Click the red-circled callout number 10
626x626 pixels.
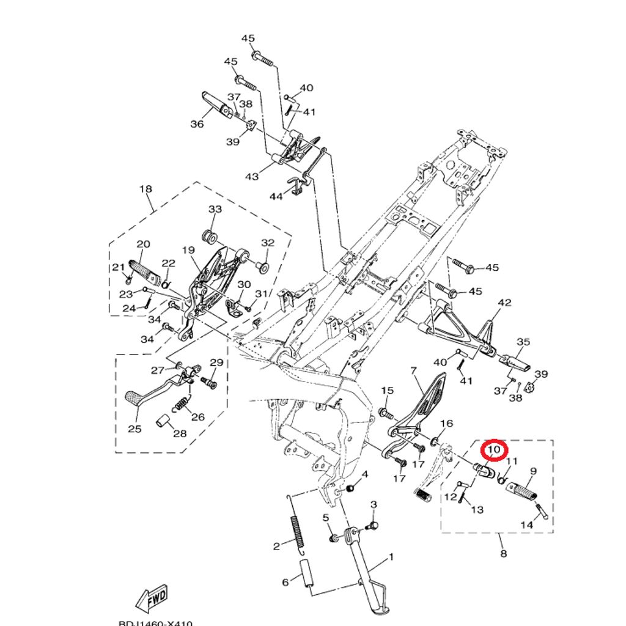point(495,451)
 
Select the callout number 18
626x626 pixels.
point(145,189)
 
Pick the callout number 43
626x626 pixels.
point(252,177)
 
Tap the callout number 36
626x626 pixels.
point(197,124)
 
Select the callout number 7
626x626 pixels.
point(413,370)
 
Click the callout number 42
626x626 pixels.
point(504,303)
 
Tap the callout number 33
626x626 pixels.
point(215,209)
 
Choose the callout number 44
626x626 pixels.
point(276,196)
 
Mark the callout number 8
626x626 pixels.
point(503,554)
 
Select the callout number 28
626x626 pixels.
point(179,434)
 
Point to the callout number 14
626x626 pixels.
point(526,525)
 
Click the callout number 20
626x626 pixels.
point(143,245)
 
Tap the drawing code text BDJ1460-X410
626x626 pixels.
point(155,622)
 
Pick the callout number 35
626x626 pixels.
point(523,342)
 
